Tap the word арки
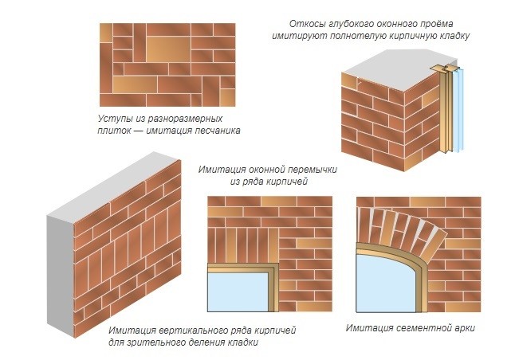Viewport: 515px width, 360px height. tap(466, 328)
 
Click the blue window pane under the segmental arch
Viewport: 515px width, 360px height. tap(385, 284)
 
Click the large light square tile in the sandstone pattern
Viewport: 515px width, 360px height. tap(168, 49)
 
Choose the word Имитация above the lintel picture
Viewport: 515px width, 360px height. tap(222, 170)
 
